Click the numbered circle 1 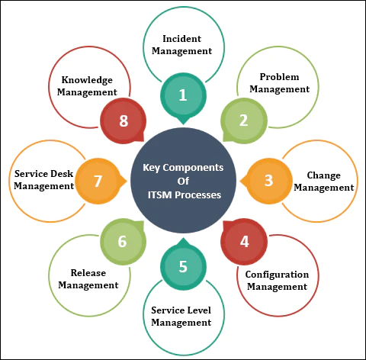[x=182, y=95]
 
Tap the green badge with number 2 [x=243, y=120]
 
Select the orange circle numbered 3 [x=268, y=181]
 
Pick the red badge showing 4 [x=244, y=242]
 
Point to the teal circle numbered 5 [x=182, y=267]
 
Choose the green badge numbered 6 [x=121, y=242]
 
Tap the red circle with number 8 [x=122, y=120]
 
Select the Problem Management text [x=284, y=83]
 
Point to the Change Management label [x=323, y=181]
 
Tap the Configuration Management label [x=277, y=281]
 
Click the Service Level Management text [x=181, y=317]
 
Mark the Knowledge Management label [x=87, y=85]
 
